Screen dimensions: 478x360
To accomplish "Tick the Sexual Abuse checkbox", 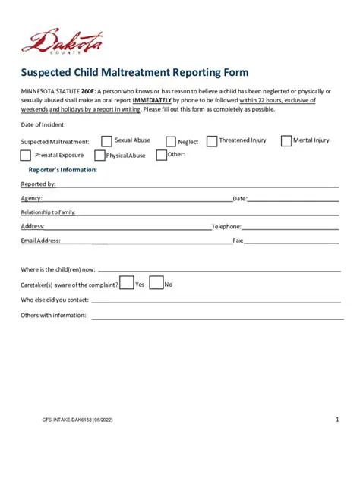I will click(107, 140).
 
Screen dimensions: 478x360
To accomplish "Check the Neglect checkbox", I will click(170, 141).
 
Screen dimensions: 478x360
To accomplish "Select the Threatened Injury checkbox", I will click(212, 140).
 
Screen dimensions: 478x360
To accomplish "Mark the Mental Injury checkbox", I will click(286, 140).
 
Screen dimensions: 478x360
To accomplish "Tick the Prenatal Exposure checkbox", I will click(26, 155).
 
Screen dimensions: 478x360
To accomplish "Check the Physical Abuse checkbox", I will click(99, 155).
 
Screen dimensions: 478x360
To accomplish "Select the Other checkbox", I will click(161, 155).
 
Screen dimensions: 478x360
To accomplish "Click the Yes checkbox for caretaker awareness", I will click(127, 283).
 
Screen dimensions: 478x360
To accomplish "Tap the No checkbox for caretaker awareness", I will click(156, 283).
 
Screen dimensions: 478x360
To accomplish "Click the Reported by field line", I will click(197, 185).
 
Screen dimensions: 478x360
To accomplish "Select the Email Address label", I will click(40, 241).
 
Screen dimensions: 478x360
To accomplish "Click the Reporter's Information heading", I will click(57, 169).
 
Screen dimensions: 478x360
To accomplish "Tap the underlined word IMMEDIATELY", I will click(151, 99).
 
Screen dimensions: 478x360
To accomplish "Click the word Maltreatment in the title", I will click(120, 73).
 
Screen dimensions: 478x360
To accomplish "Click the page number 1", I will click(336, 420).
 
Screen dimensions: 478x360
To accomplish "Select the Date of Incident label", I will click(43, 124).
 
